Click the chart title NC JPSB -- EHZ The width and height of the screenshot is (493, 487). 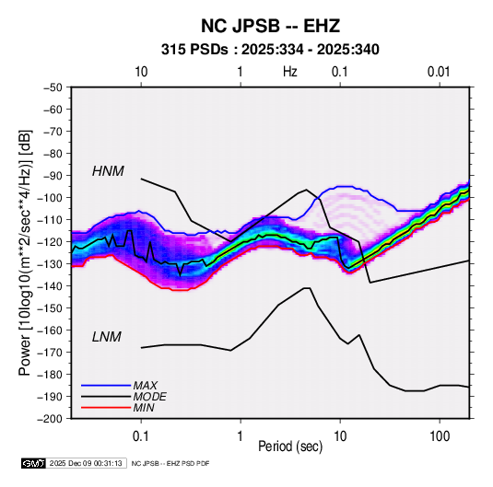[270, 26]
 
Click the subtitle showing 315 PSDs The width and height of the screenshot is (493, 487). [270, 50]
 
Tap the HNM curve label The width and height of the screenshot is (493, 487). [108, 171]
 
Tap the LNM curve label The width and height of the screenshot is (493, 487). [107, 337]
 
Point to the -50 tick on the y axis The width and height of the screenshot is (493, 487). [53, 87]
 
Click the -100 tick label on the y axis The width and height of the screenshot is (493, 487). [51, 198]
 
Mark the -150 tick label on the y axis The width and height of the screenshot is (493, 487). [51, 307]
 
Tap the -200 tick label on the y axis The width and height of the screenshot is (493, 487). [51, 419]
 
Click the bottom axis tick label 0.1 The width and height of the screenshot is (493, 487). [141, 436]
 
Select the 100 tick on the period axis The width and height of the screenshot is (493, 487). [440, 436]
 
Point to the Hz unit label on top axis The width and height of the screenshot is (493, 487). [290, 72]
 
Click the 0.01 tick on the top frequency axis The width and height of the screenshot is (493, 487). [439, 72]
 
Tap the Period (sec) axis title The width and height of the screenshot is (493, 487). [290, 446]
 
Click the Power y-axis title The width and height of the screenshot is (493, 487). [25, 252]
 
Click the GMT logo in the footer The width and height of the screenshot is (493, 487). [33, 463]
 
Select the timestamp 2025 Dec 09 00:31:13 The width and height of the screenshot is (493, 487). [86, 463]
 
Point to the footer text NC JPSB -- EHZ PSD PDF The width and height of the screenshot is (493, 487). [170, 463]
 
